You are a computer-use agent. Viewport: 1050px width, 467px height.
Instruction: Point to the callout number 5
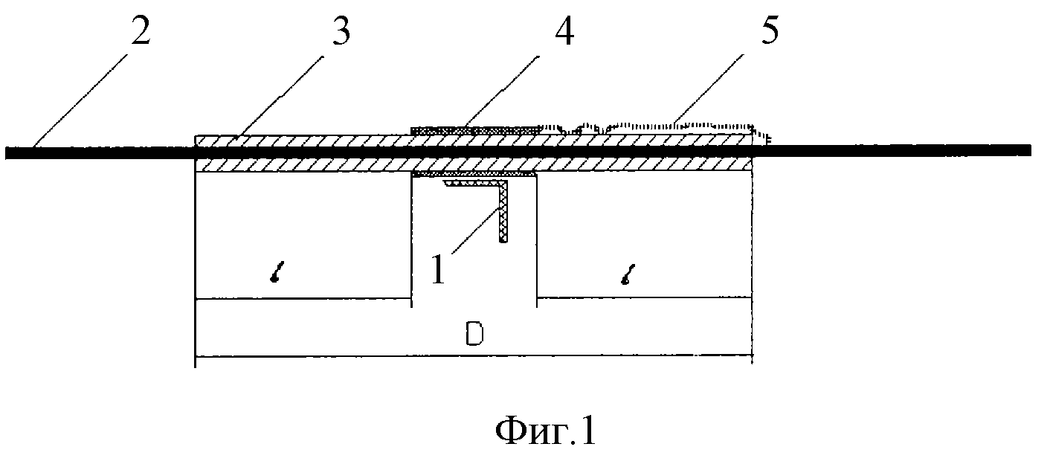coord(770,30)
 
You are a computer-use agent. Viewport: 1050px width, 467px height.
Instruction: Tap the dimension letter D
coord(474,335)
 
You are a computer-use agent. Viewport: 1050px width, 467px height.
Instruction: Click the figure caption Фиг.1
coord(546,431)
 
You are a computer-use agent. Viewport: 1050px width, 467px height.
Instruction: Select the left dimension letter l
coord(276,273)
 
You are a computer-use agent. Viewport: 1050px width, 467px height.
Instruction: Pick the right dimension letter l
coord(628,274)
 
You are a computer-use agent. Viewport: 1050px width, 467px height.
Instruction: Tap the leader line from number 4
coord(501,92)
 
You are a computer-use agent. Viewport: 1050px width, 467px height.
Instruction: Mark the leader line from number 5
coord(708,89)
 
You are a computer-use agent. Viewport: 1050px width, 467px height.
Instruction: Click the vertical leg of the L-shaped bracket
coord(503,212)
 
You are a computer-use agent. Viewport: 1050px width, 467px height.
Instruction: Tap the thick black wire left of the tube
coord(100,153)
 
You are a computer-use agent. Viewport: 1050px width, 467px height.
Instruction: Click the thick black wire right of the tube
coord(892,150)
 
